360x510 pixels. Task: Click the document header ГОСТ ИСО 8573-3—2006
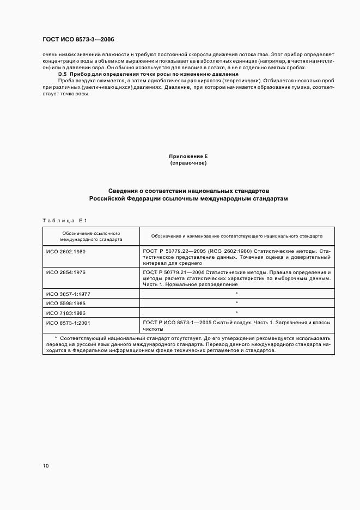[78, 40]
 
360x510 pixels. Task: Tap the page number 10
[46, 466]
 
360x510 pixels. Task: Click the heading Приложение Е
[188, 156]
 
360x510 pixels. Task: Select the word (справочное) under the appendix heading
[188, 163]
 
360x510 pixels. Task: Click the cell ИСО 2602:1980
[66, 252]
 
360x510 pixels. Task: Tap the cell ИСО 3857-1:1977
[69, 293]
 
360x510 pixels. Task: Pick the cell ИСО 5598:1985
[66, 303]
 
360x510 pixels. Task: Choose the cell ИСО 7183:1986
[66, 313]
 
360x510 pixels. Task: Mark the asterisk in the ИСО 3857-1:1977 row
[237, 293]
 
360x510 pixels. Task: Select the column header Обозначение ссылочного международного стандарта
[91, 236]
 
